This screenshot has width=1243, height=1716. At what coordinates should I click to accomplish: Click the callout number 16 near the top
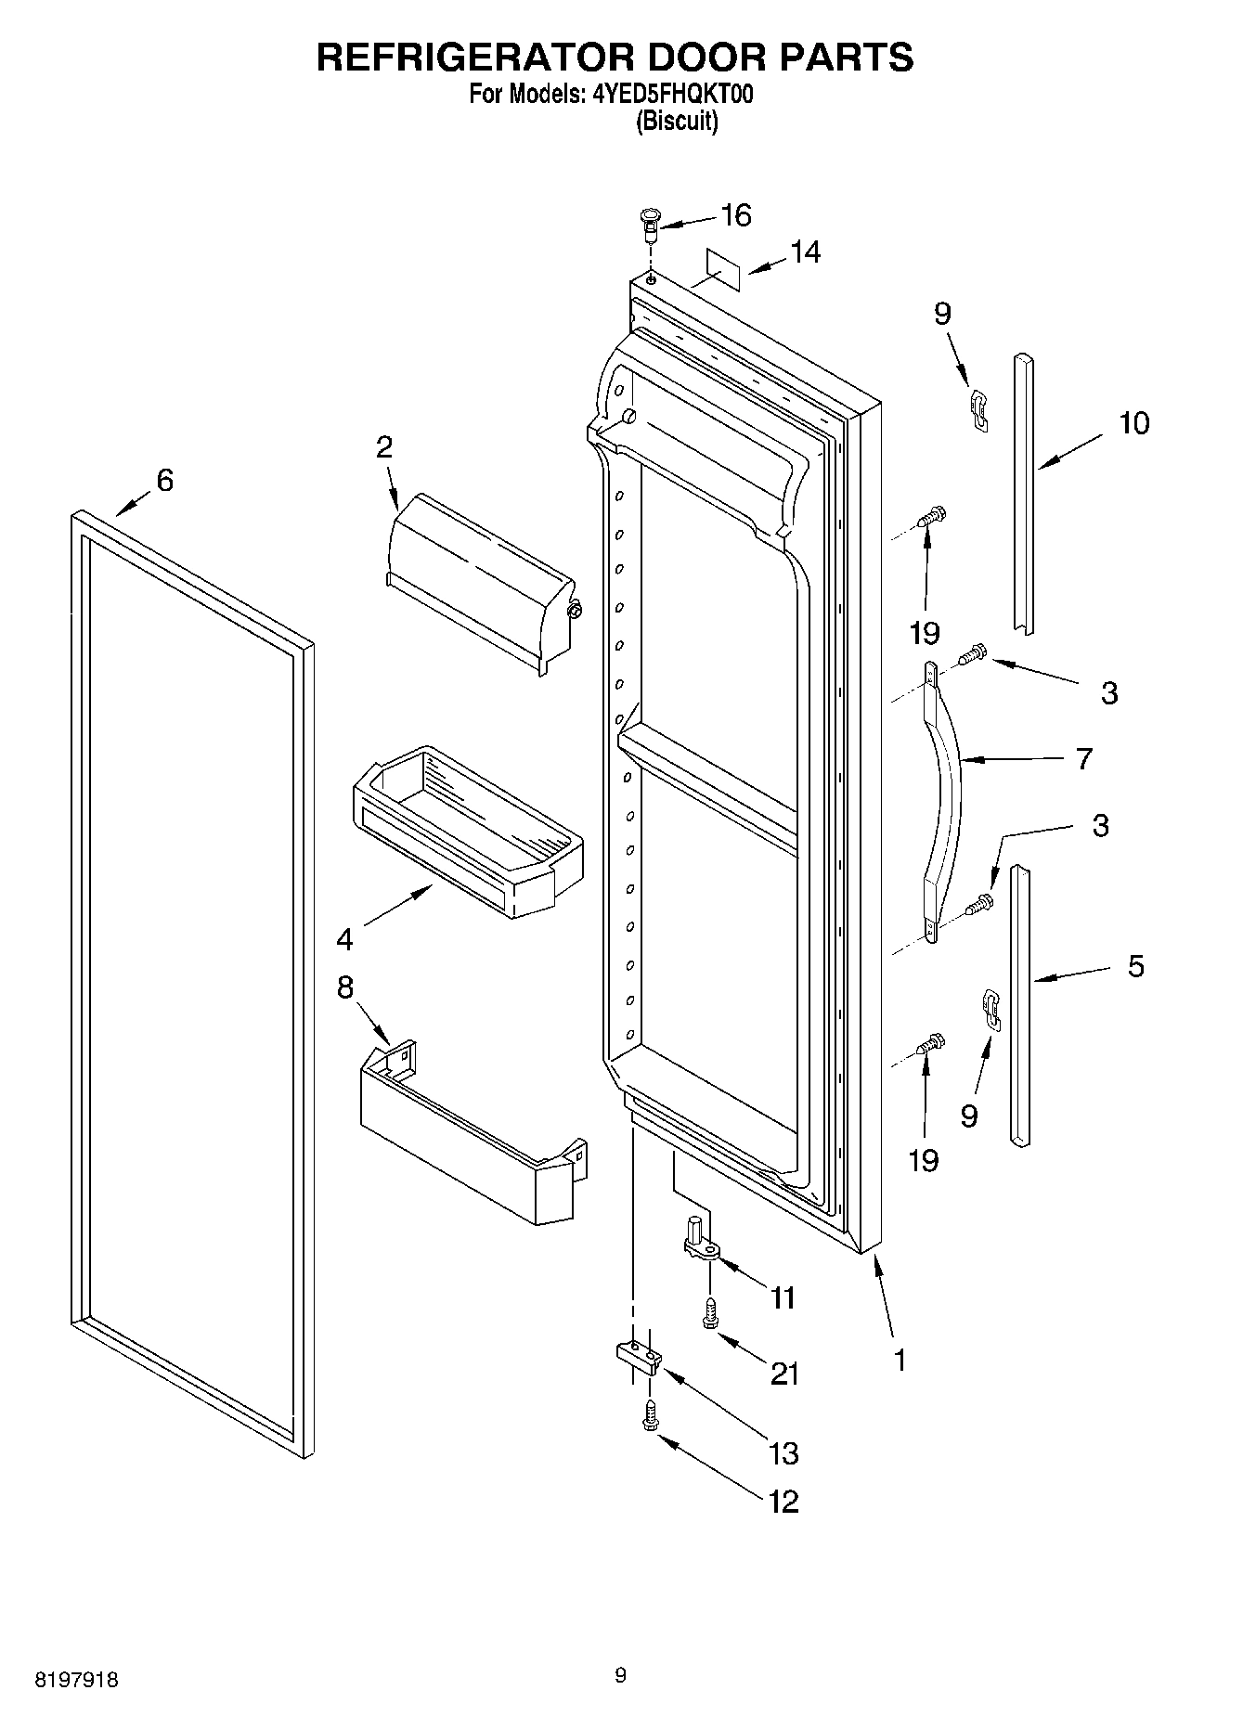735,215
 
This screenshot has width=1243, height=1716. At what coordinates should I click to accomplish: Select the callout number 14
805,252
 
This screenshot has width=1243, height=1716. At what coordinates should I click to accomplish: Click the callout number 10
1133,423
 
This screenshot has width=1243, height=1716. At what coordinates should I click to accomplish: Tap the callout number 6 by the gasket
164,480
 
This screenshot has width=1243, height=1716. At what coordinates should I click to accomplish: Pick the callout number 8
345,987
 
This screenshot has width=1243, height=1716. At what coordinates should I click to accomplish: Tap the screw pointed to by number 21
710,1315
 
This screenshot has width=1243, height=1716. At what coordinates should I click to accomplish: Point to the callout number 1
899,1360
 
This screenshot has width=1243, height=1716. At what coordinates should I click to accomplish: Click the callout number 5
1135,966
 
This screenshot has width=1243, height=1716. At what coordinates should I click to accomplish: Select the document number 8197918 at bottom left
76,1680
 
